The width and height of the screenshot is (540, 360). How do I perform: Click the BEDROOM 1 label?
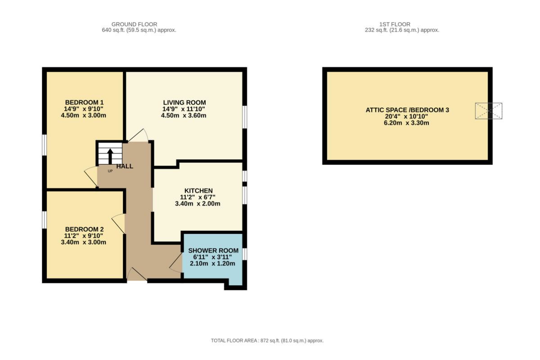click(x=85, y=103)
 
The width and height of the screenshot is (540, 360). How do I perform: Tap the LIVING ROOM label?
click(x=184, y=103)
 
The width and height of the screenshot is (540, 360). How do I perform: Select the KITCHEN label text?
click(x=198, y=191)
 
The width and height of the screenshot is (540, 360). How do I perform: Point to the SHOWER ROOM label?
click(x=213, y=251)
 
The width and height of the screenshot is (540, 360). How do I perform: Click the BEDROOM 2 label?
click(x=85, y=229)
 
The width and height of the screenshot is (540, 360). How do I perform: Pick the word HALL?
click(x=125, y=166)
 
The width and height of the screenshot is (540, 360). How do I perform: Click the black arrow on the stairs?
click(x=110, y=156)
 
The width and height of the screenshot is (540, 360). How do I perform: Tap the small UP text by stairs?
click(x=110, y=171)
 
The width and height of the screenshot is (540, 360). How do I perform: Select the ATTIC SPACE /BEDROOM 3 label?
click(x=407, y=110)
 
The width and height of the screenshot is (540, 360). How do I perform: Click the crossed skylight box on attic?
click(x=489, y=111)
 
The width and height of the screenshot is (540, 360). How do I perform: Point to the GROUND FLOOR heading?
click(x=134, y=24)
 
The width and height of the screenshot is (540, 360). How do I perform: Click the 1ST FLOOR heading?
click(x=395, y=24)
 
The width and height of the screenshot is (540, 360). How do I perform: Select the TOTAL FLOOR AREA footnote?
click(x=267, y=341)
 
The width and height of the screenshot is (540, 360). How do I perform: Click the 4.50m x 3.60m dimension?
click(x=184, y=116)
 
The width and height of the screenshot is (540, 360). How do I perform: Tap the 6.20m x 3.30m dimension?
click(x=406, y=123)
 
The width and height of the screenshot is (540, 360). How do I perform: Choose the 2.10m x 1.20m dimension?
click(x=212, y=264)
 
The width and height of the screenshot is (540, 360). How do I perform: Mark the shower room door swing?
click(x=176, y=263)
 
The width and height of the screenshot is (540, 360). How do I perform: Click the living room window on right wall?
click(x=245, y=117)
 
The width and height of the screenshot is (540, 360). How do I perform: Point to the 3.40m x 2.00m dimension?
click(x=198, y=204)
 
